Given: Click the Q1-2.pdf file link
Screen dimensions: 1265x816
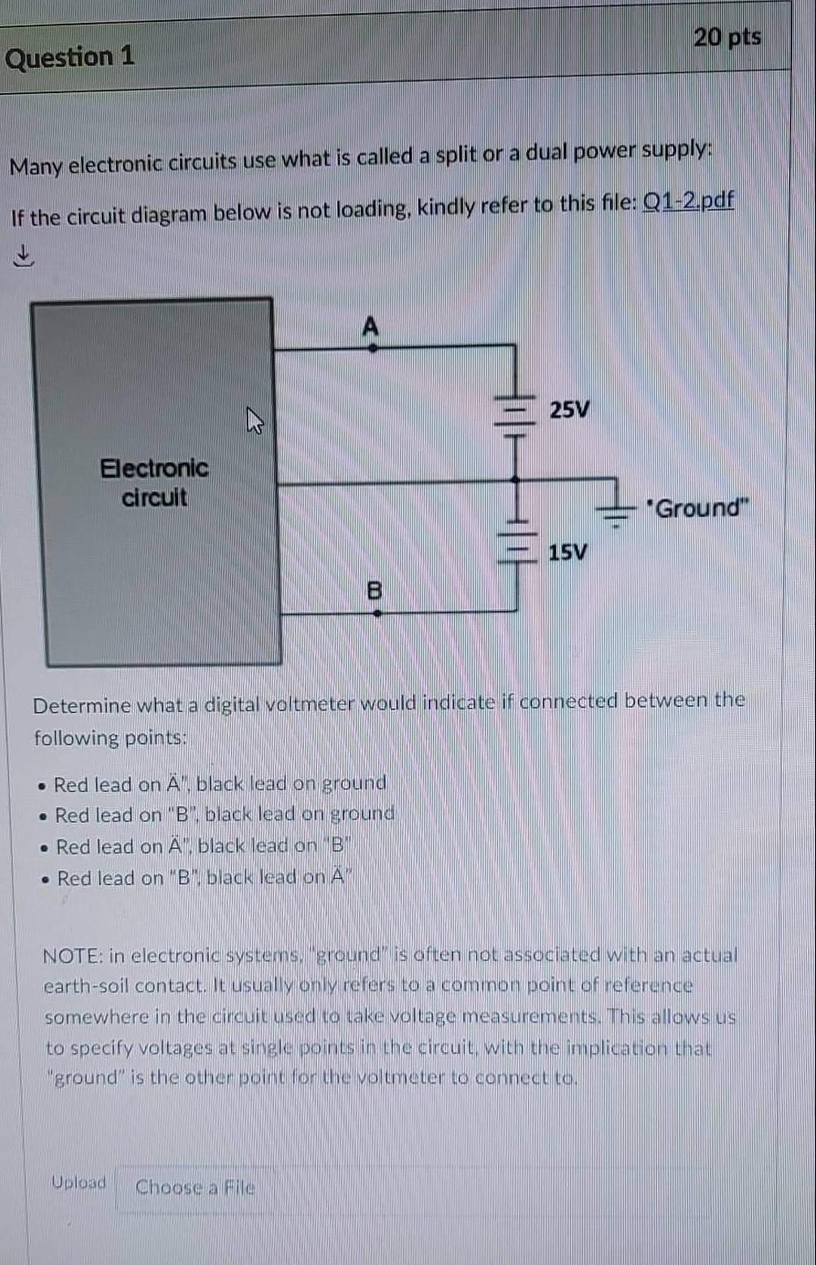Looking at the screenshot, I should [689, 201].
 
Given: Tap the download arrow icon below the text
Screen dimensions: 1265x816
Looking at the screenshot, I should [23, 256].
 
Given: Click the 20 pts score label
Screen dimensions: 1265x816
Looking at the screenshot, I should [726, 37].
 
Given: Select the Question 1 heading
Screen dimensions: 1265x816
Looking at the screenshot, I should [70, 57].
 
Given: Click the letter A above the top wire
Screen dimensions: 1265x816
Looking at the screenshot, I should [371, 327].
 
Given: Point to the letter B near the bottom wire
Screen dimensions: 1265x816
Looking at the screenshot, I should [374, 590].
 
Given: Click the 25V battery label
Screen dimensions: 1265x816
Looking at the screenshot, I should [570, 410].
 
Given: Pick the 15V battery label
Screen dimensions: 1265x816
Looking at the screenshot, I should [567, 552].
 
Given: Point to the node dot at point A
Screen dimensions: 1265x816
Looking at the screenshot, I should [372, 348].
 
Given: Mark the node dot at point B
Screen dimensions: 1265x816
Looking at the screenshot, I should [377, 613].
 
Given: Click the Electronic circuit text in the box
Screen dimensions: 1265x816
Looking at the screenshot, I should [155, 482].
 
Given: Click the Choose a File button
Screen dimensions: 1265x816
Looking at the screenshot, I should [195, 1188].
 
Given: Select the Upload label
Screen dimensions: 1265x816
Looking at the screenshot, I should [78, 1182].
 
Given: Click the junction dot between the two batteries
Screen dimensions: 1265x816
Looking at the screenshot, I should [516, 480].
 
